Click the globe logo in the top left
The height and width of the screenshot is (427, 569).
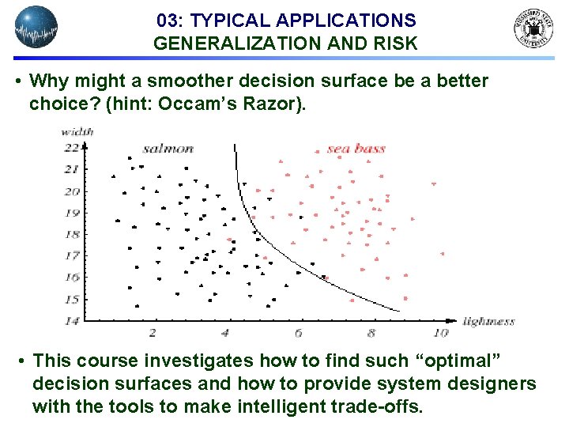pos(36,28)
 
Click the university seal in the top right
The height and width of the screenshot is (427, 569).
pos(534,29)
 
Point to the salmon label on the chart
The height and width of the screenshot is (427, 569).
pos(168,149)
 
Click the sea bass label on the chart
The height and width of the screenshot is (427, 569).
pos(356,149)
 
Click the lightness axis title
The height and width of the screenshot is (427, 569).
pos(488,321)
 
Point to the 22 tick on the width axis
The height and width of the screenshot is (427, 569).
pos(72,148)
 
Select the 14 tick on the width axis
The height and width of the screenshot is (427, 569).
pos(72,320)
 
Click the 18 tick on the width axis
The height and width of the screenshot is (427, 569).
pos(72,234)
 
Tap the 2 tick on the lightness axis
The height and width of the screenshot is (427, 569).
pos(153,334)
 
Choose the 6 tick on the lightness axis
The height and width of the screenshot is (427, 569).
pos(298,334)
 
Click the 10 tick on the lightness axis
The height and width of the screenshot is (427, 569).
pos(441,334)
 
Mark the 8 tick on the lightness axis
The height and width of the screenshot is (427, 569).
pos(371,334)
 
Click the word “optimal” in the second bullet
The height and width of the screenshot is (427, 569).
pos(455,361)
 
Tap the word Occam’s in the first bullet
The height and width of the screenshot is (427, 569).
pos(209,104)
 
